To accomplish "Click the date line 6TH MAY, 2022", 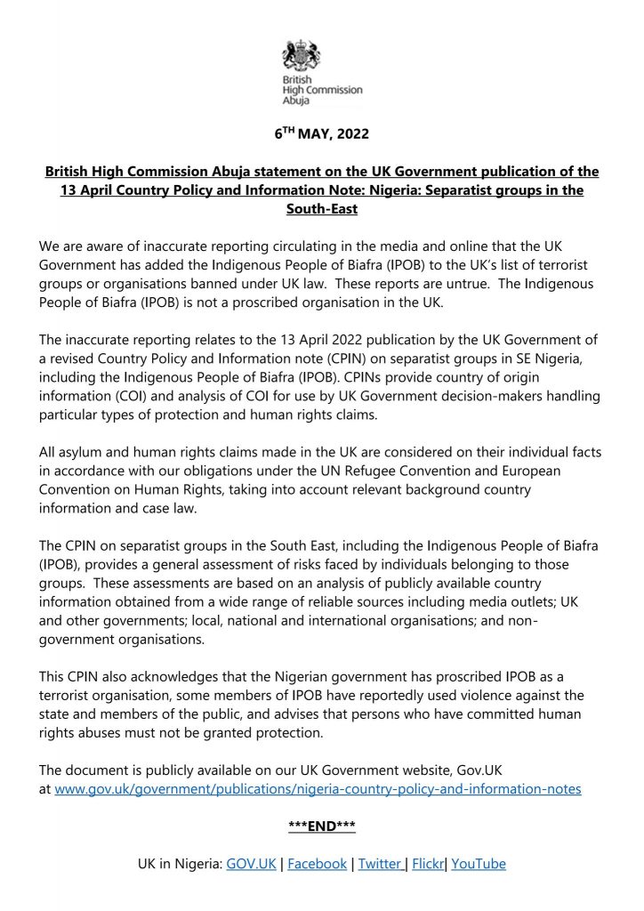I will (x=321, y=136).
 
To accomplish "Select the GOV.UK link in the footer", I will (x=251, y=864).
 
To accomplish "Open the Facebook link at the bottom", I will (x=318, y=864).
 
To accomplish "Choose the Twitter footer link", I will (x=381, y=864).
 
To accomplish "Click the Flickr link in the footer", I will (x=428, y=864).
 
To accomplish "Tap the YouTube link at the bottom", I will (x=479, y=864).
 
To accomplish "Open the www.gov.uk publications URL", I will (x=318, y=789).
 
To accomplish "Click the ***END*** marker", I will (x=321, y=826).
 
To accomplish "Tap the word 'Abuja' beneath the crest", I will (x=296, y=101).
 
